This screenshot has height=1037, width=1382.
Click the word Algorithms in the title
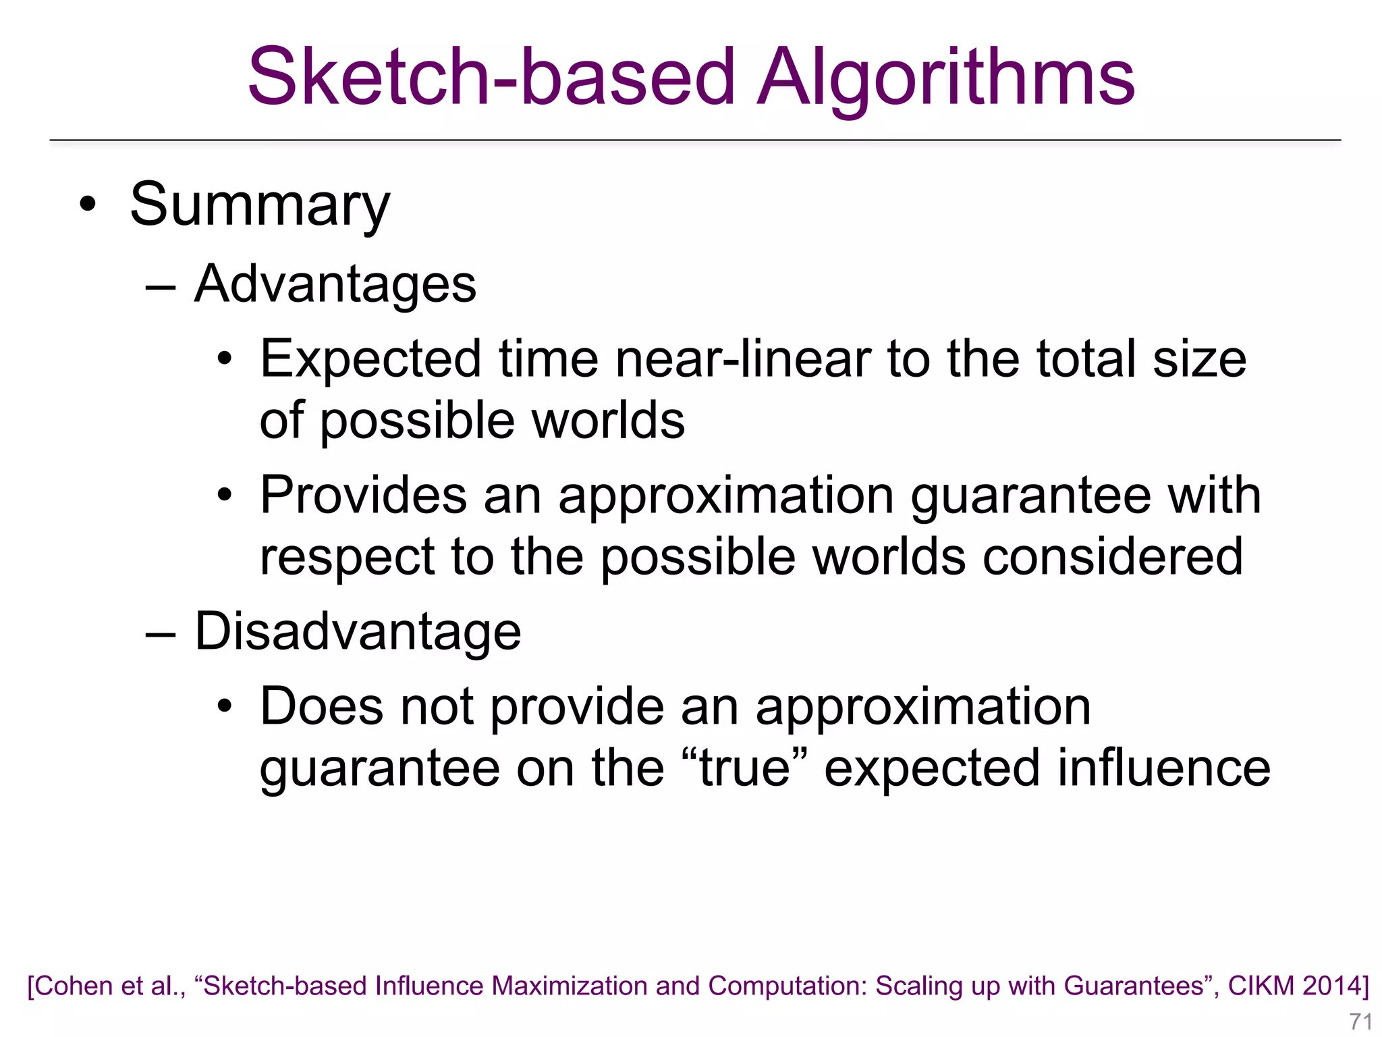coord(946,78)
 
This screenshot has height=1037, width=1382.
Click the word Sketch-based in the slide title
coord(491,78)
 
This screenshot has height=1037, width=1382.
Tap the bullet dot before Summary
coord(88,204)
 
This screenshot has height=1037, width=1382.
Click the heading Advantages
coord(335,284)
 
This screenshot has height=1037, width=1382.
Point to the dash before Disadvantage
coord(161,633)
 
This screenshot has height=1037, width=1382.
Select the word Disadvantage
coord(358,631)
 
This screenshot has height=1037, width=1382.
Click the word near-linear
coord(743,358)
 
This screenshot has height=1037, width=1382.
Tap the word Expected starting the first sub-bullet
coord(370,360)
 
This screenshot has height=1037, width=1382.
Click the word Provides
coord(363,495)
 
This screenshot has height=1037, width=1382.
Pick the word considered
coord(1112,557)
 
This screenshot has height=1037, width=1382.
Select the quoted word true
coord(744,768)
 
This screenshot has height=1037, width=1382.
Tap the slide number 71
coord(1360,1021)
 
